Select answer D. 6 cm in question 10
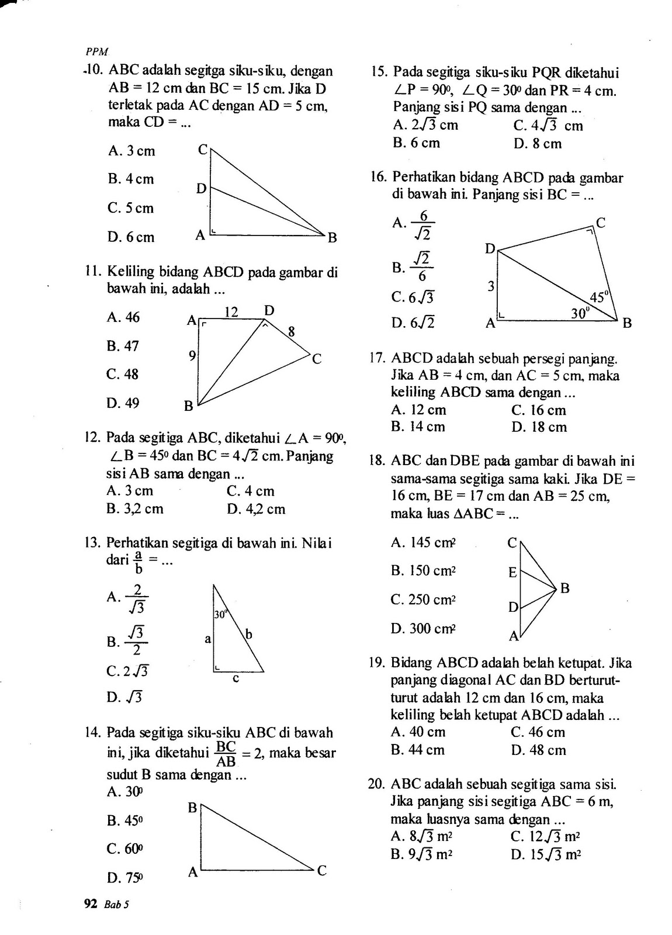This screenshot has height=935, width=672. [x=131, y=237]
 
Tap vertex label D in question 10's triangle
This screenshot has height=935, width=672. [x=201, y=189]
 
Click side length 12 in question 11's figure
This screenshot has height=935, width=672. [x=231, y=312]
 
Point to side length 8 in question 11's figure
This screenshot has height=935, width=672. [x=290, y=333]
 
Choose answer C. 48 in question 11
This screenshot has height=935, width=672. [x=123, y=374]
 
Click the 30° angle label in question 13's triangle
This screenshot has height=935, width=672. [x=220, y=614]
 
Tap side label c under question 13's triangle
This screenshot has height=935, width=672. [x=236, y=679]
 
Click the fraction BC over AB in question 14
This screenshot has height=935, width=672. [x=226, y=754]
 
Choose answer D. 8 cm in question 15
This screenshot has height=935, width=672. [x=537, y=144]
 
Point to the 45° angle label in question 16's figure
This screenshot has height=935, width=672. [x=599, y=297]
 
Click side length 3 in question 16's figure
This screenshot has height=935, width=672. [x=491, y=287]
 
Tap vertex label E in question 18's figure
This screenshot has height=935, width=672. [x=512, y=572]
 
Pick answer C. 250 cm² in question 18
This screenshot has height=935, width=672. [x=423, y=600]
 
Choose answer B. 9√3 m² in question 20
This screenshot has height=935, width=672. [x=421, y=854]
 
